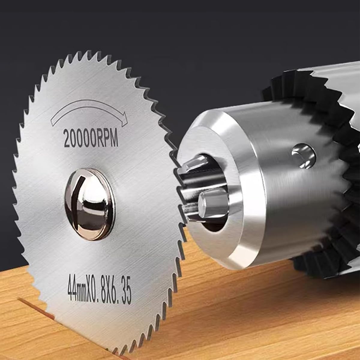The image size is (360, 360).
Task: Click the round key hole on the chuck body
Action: coord(304,154)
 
